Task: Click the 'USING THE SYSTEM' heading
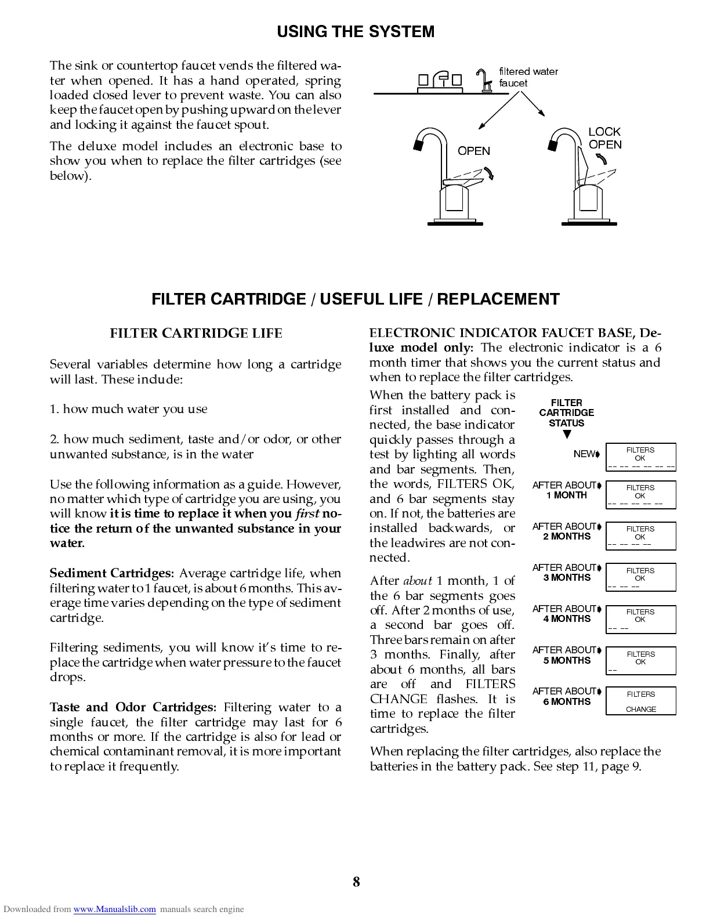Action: (x=356, y=32)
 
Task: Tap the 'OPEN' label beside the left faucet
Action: (x=473, y=151)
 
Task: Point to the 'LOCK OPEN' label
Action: (x=604, y=138)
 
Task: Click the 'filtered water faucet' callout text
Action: (x=528, y=77)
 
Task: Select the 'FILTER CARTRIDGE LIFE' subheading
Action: (x=196, y=333)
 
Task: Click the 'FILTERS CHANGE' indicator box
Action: (x=640, y=701)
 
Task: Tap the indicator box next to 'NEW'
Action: (x=640, y=457)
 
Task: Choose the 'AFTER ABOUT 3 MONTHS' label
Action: (x=565, y=573)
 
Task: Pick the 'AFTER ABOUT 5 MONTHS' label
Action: (x=565, y=655)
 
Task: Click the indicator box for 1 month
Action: (x=640, y=495)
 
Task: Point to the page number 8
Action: (x=356, y=882)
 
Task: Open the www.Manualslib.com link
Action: (x=114, y=909)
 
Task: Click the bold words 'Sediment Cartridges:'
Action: (x=111, y=573)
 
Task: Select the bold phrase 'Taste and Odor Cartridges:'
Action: (x=133, y=707)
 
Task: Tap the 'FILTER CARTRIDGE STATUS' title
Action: (x=566, y=413)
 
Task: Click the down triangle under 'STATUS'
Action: (x=567, y=435)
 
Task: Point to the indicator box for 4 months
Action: (x=640, y=619)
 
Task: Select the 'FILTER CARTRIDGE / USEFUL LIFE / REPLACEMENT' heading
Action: (x=356, y=299)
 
